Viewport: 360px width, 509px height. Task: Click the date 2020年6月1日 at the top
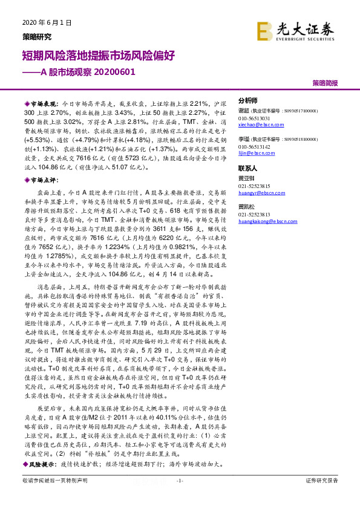click(x=42, y=22)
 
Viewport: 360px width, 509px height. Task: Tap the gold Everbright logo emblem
click(x=264, y=30)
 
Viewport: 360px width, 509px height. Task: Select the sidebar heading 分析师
click(x=247, y=100)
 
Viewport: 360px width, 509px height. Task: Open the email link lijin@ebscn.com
click(x=254, y=154)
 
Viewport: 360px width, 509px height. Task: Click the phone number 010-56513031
click(x=254, y=118)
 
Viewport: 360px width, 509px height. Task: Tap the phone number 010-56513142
click(x=254, y=147)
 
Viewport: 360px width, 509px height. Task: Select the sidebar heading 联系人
click(x=247, y=167)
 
